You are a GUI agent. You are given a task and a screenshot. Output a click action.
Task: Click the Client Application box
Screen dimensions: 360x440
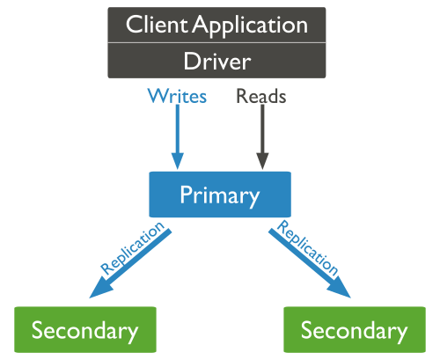click(216, 24)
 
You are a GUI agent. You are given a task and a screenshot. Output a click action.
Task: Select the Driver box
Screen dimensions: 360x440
click(216, 61)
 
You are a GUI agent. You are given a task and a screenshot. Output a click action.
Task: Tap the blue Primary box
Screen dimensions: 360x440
click(219, 194)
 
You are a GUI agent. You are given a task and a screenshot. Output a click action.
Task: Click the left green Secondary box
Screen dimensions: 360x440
click(84, 330)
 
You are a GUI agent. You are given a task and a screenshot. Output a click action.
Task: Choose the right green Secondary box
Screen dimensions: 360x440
click(354, 330)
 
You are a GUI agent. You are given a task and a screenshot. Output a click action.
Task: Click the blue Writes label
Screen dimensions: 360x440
click(177, 96)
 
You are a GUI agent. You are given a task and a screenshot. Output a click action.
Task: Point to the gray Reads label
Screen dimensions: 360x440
click(260, 96)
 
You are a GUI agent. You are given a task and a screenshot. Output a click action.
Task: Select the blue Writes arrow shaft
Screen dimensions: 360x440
click(178, 128)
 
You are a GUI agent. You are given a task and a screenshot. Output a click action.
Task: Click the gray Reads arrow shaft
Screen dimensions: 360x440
click(260, 128)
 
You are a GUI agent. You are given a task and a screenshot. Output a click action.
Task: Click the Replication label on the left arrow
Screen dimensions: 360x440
click(133, 249)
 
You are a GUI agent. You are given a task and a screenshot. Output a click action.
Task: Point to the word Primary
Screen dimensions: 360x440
click(219, 195)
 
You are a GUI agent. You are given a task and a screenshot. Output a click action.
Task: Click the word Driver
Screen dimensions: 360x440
click(216, 61)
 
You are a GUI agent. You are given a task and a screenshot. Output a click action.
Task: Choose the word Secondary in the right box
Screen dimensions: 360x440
click(354, 331)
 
